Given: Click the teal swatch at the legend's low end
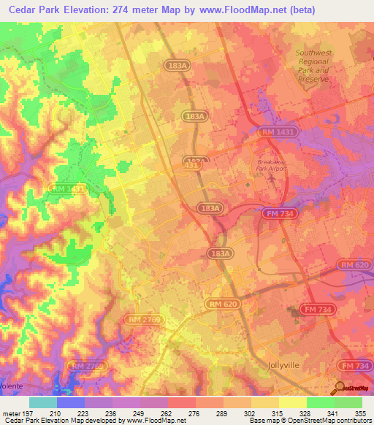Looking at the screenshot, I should (x=43, y=402).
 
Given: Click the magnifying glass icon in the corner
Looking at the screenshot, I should (x=340, y=387).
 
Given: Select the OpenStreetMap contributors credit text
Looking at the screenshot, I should (x=310, y=421).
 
